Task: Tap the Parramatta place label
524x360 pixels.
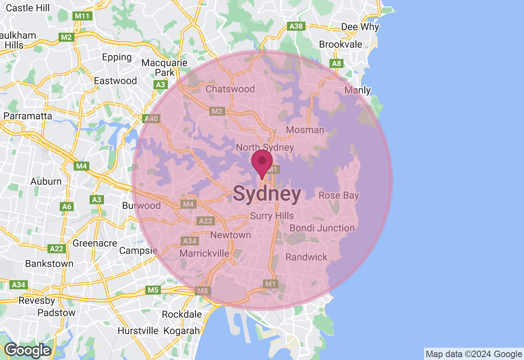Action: (x=28, y=116)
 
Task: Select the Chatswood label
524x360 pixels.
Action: (x=230, y=89)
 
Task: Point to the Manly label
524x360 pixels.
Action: (x=357, y=90)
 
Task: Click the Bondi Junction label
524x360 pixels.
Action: (x=322, y=228)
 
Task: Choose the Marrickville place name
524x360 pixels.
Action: (x=205, y=253)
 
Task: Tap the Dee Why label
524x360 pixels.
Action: (x=360, y=27)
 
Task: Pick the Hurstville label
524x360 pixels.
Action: (x=138, y=330)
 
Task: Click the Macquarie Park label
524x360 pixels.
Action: (x=164, y=67)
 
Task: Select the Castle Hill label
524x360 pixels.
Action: (x=28, y=8)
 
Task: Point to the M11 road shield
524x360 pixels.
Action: (x=83, y=16)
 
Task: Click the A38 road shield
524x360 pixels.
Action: (x=296, y=26)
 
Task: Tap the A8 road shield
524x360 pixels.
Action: (x=337, y=63)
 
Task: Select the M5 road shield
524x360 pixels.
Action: (x=153, y=290)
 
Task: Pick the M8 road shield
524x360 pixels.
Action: (x=203, y=291)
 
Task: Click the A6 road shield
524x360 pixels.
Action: (x=67, y=207)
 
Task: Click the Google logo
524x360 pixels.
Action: (x=27, y=350)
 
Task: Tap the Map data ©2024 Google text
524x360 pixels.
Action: (x=474, y=354)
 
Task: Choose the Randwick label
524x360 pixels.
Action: (x=307, y=257)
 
